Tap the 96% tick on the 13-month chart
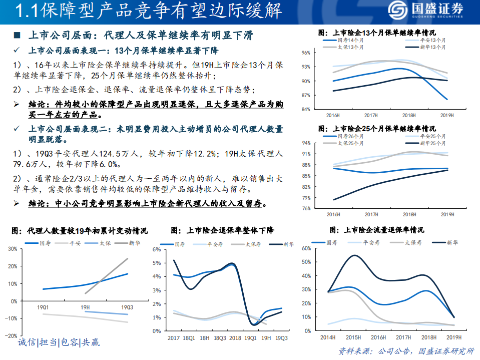306,53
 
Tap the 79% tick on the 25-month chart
306,197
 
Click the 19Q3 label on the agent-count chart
127,306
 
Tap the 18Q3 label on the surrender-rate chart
220,338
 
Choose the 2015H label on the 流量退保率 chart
354,338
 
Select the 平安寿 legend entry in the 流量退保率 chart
371,242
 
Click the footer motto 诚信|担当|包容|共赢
59,342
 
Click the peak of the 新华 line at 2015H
354,255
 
